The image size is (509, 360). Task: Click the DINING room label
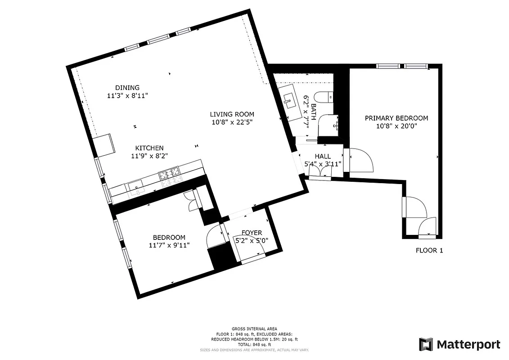pyautogui.click(x=127, y=88)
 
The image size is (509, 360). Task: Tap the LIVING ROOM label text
pyautogui.click(x=233, y=114)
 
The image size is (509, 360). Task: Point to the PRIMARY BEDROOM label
pyautogui.click(x=396, y=118)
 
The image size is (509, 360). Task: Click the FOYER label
pyautogui.click(x=252, y=233)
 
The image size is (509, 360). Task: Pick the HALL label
pyautogui.click(x=323, y=156)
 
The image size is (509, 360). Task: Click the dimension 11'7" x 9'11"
pyautogui.click(x=169, y=245)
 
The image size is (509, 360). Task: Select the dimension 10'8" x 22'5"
pyautogui.click(x=233, y=122)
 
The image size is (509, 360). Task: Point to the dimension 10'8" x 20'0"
pyautogui.click(x=396, y=126)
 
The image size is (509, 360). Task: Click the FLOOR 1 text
pyautogui.click(x=429, y=251)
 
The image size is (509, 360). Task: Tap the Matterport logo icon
pyautogui.click(x=426, y=345)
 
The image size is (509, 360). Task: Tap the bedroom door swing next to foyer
pyautogui.click(x=214, y=236)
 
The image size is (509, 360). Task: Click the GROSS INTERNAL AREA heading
pyautogui.click(x=254, y=329)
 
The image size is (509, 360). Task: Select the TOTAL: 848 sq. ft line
pyautogui.click(x=254, y=344)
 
